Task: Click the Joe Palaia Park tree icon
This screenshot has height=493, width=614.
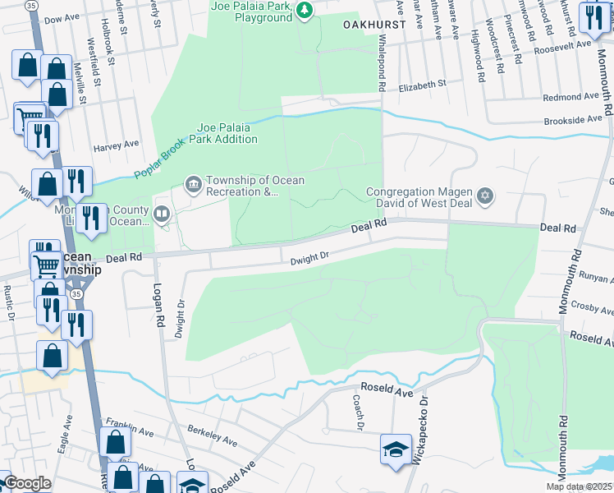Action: coord(305,10)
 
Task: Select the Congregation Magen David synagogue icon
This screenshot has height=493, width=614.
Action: coord(485,196)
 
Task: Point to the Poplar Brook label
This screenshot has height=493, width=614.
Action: coord(162,160)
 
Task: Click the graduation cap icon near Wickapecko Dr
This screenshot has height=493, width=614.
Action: coord(395,449)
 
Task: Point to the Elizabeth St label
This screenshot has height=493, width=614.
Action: coord(421,84)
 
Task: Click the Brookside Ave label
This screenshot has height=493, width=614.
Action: coord(574,120)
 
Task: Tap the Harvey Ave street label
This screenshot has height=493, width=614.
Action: coord(116,146)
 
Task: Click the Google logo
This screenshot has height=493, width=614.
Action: coord(27,483)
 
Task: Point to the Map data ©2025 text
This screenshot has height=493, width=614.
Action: coord(579,486)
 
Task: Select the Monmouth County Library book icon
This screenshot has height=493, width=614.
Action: coord(162,216)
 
